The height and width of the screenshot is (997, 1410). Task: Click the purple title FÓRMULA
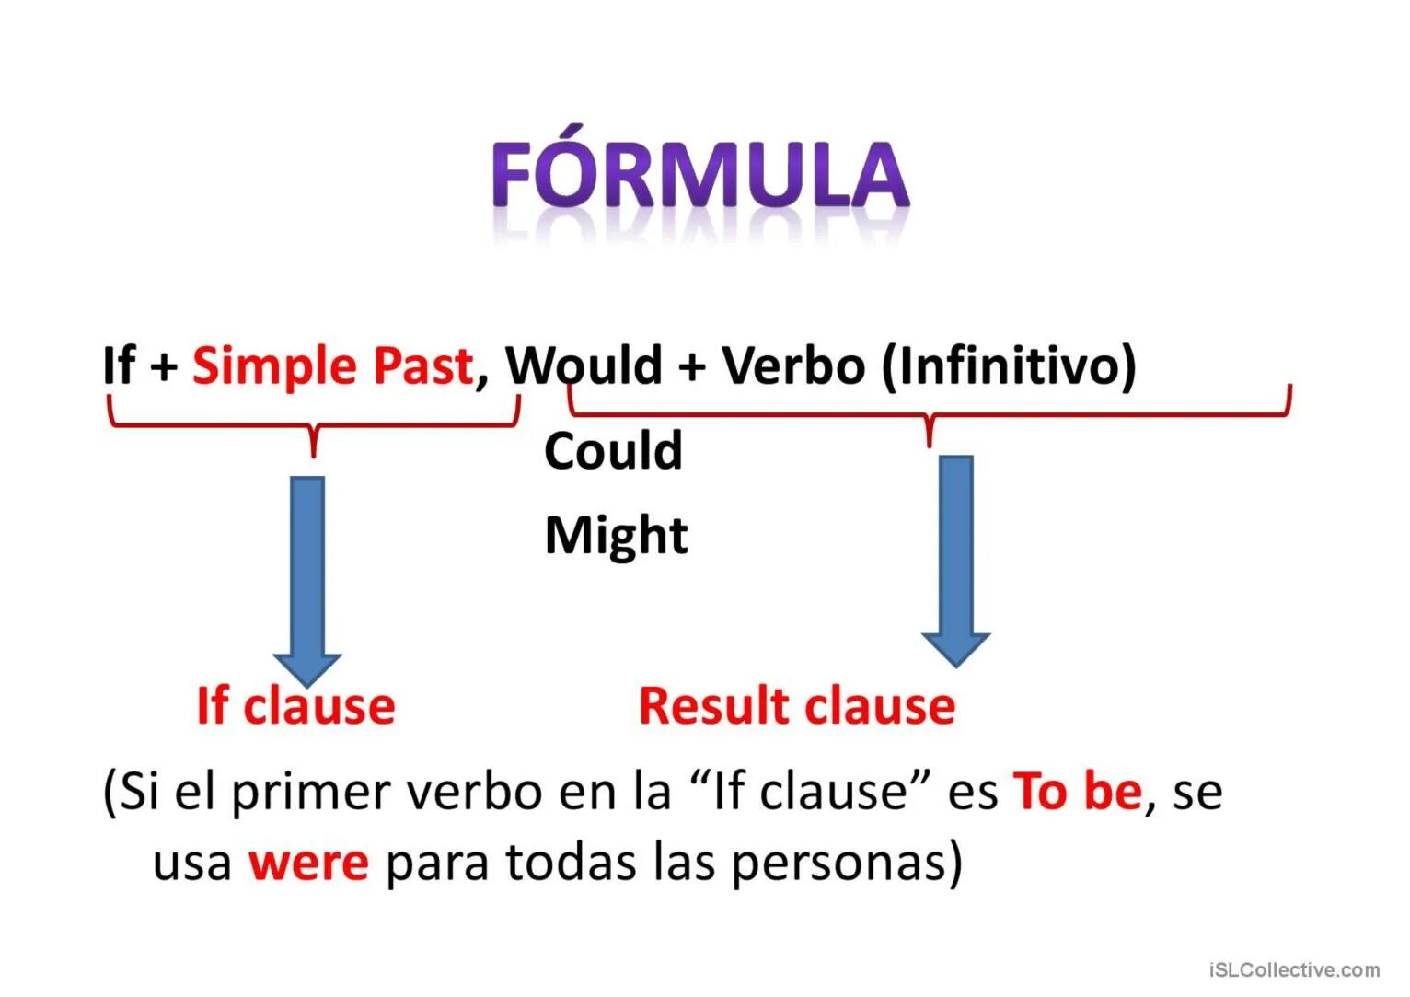[x=700, y=175]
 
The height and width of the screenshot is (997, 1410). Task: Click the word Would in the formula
[x=584, y=365]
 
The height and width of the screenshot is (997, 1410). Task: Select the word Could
[x=613, y=451]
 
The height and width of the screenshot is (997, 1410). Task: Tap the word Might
[x=616, y=535]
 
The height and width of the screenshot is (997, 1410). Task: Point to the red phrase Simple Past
[x=332, y=365]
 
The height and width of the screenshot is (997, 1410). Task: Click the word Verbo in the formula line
[x=793, y=365]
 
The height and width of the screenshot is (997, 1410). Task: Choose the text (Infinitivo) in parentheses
[x=1009, y=365]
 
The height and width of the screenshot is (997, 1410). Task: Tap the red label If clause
[x=295, y=706]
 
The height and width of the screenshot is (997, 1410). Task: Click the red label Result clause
[x=797, y=706]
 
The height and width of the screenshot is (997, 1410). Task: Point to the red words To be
[x=1077, y=791]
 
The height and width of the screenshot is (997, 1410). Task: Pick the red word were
[x=308, y=863]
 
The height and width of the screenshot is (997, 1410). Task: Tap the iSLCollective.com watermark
[x=1294, y=969]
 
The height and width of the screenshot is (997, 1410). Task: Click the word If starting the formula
[x=119, y=365]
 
